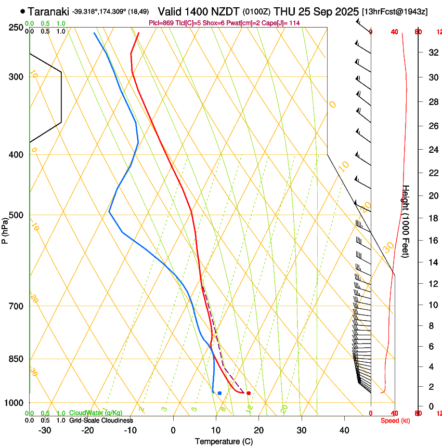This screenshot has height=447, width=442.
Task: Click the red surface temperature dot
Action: tap(249, 393)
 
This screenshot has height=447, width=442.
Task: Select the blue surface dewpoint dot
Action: tap(219, 393)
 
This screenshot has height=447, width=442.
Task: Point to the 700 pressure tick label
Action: tap(16, 306)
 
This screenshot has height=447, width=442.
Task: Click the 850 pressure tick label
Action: tap(16, 359)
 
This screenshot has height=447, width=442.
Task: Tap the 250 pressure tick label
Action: tap(16, 28)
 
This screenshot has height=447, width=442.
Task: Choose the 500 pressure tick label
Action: tap(16, 215)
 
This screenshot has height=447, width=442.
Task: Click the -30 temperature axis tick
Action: tap(45, 430)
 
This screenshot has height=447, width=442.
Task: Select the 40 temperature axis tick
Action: tap(344, 430)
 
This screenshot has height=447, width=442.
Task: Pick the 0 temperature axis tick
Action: tap(173, 430)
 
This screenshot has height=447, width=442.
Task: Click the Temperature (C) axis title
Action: tap(224, 441)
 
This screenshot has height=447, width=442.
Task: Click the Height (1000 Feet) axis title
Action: tap(406, 221)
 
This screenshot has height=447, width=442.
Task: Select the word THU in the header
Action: tap(284, 11)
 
